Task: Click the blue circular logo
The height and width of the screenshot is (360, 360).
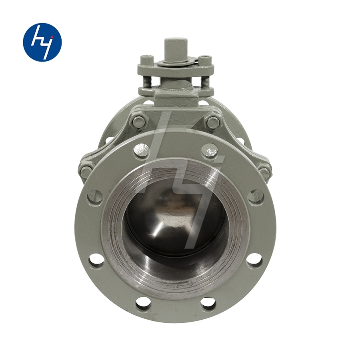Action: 42,42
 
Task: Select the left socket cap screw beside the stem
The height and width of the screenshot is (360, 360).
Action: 146,60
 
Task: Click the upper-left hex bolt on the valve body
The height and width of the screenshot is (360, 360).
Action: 138,121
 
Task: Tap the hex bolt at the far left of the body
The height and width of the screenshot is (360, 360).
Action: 86,170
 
